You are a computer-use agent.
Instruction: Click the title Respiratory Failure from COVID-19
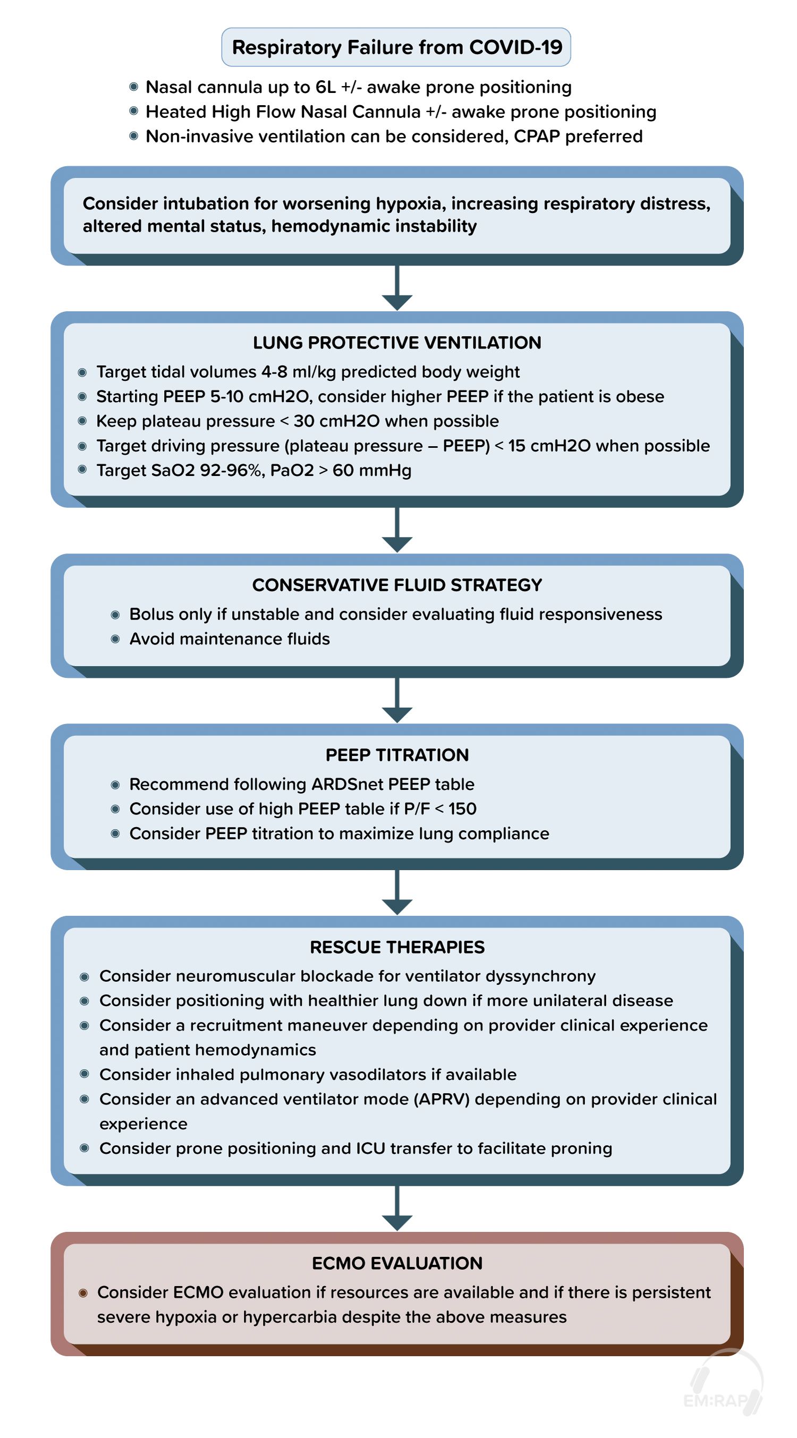tap(396, 47)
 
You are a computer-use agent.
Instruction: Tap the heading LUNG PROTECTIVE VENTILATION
tap(397, 343)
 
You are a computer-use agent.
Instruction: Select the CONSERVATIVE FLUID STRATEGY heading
tap(397, 585)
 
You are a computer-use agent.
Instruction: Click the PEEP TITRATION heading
tap(397, 755)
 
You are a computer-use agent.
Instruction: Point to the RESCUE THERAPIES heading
tap(397, 947)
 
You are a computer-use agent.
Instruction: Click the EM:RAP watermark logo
tap(724, 1383)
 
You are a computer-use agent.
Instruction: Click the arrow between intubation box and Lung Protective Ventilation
tap(397, 288)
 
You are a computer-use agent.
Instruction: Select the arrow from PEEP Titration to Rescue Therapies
tap(397, 892)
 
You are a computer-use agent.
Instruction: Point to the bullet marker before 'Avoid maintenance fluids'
tap(115, 639)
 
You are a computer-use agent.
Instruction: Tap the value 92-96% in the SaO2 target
tap(231, 471)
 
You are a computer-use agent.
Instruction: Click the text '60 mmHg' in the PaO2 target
tap(372, 471)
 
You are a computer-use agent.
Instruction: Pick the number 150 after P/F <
tap(462, 809)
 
